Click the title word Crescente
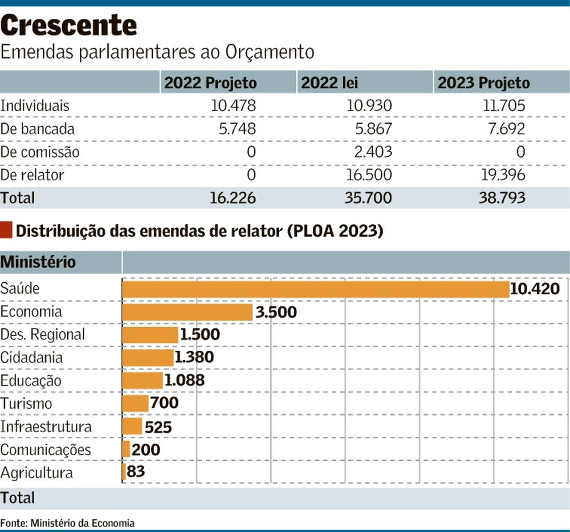pos(69,26)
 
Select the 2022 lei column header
pos(329,83)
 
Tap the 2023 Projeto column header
pos(483,83)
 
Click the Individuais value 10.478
pos(233,106)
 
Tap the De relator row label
pos(32,175)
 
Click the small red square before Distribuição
pos(6,231)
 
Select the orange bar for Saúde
pos(315,289)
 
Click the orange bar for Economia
pos(188,312)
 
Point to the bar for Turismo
pos(136,404)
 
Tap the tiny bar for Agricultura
pos(124,473)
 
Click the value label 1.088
pos(184,380)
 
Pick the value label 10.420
pos(535,289)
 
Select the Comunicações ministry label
pos(46,449)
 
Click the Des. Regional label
pos(43,335)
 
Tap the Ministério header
pos(38,262)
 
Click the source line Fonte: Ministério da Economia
pos(68,522)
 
